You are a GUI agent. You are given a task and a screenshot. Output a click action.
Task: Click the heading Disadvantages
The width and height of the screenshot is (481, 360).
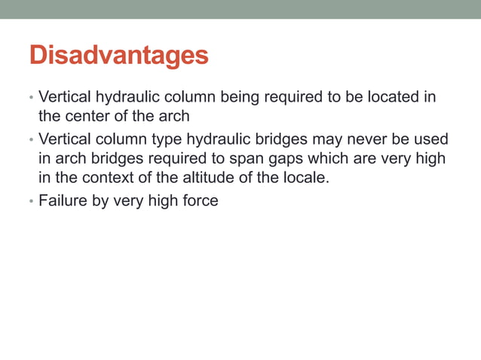tap(118, 56)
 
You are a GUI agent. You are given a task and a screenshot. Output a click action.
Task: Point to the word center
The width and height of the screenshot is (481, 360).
tap(84, 117)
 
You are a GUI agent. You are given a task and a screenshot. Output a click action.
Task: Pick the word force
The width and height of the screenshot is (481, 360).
tap(199, 201)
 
